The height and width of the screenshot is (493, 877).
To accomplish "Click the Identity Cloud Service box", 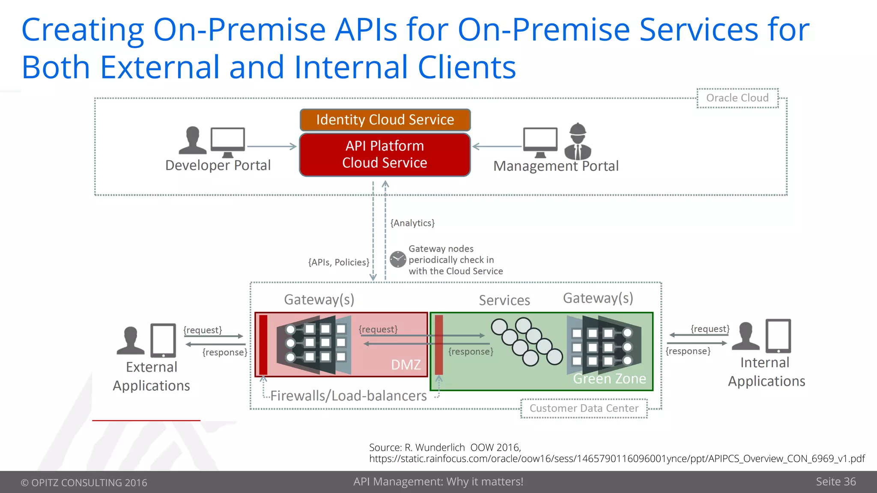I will point(385,120).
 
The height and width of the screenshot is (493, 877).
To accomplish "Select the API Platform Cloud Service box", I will point(385,154).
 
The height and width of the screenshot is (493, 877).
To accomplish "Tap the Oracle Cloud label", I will point(737,98).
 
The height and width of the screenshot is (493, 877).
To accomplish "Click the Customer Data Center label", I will point(584,408).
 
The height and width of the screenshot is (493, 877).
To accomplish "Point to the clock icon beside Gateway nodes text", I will point(398,259).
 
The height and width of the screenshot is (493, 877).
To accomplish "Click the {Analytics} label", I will point(412,223).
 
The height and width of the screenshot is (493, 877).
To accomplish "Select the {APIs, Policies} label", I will point(338,262).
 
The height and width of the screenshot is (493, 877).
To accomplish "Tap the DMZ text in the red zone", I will point(406,365).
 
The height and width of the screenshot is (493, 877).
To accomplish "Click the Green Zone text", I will point(609,379).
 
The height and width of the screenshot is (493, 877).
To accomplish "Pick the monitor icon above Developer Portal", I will point(228,142).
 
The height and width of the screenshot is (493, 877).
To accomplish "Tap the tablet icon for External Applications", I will point(163,340).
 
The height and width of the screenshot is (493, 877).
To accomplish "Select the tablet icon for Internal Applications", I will point(778,336).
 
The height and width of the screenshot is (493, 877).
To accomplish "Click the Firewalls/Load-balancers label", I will point(348,396).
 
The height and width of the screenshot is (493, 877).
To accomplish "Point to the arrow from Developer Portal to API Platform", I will point(271,147).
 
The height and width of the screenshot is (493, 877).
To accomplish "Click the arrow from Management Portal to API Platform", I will point(497,146).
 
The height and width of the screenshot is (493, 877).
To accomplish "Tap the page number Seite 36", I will point(835,481).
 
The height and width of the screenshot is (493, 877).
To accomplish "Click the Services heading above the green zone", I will point(504,300).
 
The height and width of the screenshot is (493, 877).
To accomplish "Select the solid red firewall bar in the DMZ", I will point(263,345).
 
